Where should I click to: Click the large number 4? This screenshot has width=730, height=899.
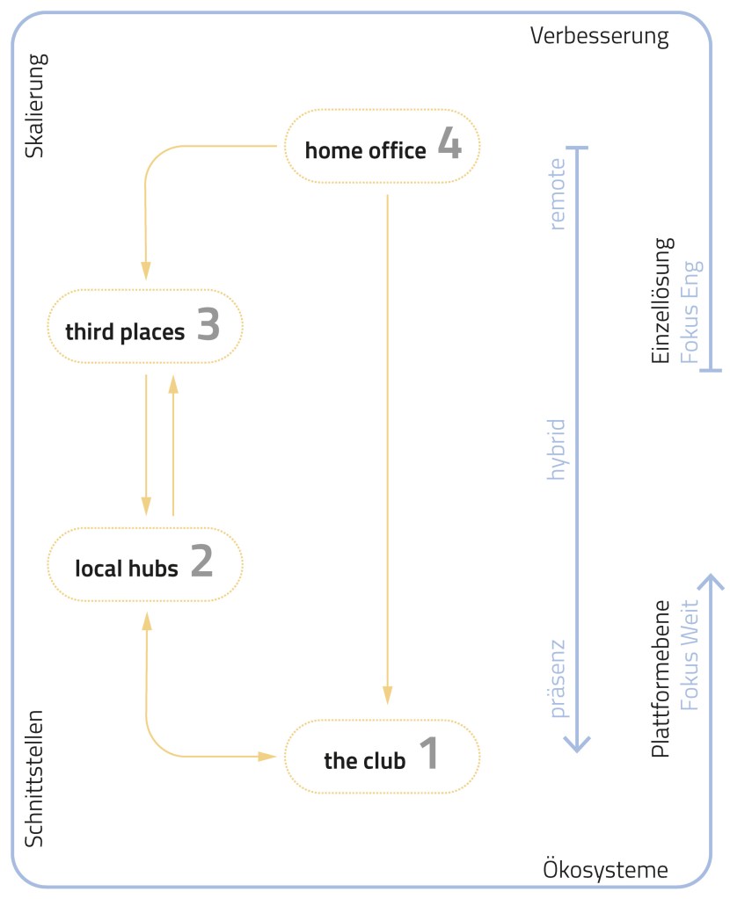click(x=449, y=146)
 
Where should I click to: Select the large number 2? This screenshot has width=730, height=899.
click(x=202, y=562)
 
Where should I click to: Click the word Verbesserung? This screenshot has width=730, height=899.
click(x=600, y=37)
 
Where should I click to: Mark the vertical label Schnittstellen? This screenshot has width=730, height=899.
click(x=34, y=778)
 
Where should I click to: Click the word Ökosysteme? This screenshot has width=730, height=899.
click(x=605, y=870)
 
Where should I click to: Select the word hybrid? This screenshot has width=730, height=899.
click(x=556, y=449)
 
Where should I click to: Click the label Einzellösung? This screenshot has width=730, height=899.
click(x=661, y=300)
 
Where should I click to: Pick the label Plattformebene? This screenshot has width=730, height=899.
click(x=661, y=678)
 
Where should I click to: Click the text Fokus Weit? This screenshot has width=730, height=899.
click(x=691, y=655)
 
